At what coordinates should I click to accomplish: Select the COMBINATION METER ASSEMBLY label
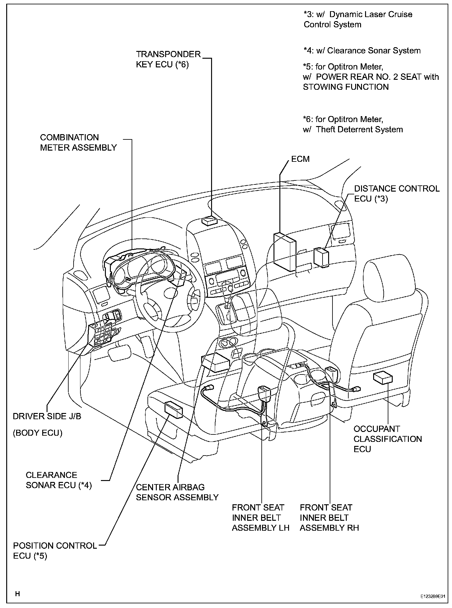pos(78,143)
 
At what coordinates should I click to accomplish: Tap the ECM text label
pos(300,159)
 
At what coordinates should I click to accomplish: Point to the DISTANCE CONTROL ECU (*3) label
pos(396,193)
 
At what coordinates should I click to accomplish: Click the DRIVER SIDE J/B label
pos(47,416)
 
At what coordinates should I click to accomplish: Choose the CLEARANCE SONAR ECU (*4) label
pos(59,480)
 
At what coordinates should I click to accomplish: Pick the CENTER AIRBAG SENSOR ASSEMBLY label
pos(177,492)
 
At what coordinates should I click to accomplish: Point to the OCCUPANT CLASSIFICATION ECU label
pos(387,439)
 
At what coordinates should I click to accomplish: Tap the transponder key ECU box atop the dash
pos(210,221)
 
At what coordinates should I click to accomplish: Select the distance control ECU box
pos(322,257)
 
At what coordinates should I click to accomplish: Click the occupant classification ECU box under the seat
pos(383,378)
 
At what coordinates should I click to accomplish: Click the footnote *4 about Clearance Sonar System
pos(362,51)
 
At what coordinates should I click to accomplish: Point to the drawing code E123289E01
pos(432,597)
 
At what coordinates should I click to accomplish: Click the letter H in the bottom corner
pos(18,594)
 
